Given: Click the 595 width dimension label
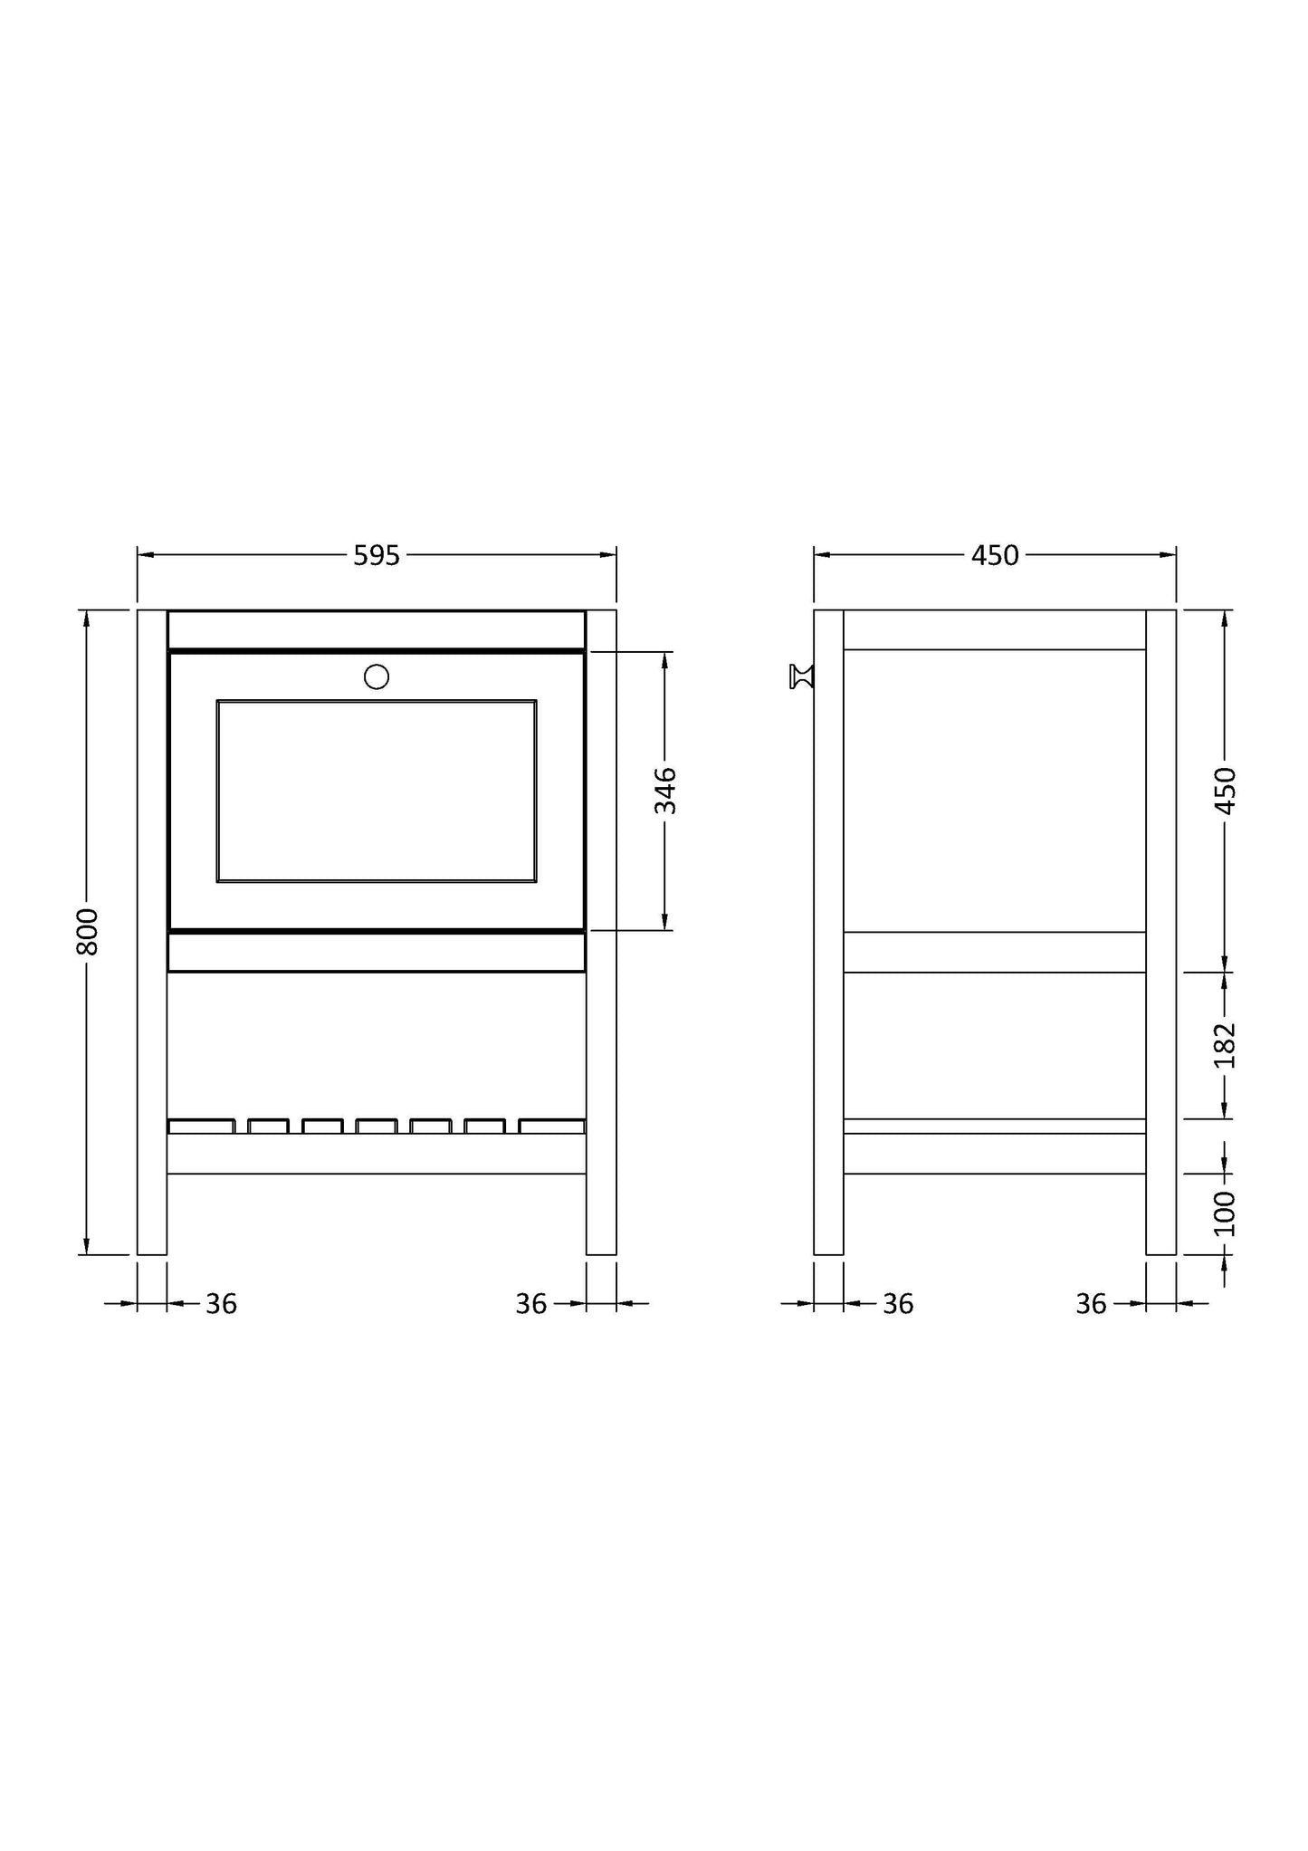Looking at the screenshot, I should tap(377, 555).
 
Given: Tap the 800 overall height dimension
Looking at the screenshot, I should tap(87, 931).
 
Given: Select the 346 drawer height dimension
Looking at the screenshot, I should tap(665, 791).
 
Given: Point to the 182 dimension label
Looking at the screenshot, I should tap(1224, 1045).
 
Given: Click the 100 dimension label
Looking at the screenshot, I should tap(1224, 1213).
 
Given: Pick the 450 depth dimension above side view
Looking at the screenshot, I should tap(995, 555).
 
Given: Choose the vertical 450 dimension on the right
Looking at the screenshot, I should tap(1224, 791).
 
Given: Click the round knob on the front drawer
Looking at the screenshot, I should tap(377, 676).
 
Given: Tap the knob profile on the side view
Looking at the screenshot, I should tap(801, 676).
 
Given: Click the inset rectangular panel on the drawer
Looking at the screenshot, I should tap(377, 791).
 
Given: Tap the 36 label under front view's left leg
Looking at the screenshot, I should tap(221, 1304).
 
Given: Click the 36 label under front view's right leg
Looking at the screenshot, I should tap(531, 1304).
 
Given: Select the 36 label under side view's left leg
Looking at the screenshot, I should tap(898, 1304).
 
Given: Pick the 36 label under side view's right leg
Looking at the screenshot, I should tap(1091, 1304).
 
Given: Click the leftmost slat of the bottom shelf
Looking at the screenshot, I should tap(201, 1127).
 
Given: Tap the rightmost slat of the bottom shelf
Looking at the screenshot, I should tap(551, 1127).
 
